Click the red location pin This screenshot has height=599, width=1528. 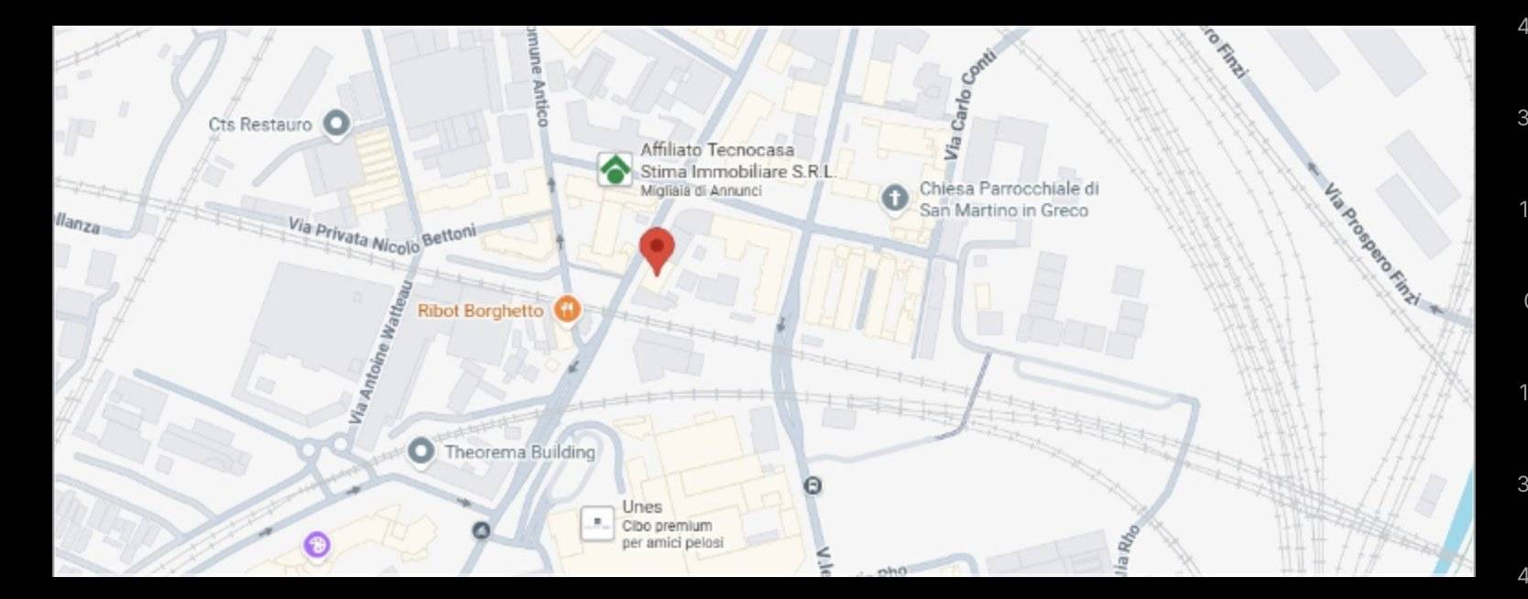(656, 249)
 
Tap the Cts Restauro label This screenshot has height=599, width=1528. (260, 125)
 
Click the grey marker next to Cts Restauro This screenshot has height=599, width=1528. (337, 124)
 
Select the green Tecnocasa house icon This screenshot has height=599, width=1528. (615, 169)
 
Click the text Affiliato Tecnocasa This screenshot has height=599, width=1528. (716, 149)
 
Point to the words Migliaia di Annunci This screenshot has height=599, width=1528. (700, 191)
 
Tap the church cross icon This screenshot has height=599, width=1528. (894, 199)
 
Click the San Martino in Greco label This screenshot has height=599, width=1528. (1003, 211)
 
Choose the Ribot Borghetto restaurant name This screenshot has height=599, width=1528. (480, 311)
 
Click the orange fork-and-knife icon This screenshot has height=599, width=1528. (568, 310)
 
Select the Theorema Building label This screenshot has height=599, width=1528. (519, 452)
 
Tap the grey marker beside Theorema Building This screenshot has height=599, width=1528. (420, 451)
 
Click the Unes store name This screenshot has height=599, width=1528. (641, 506)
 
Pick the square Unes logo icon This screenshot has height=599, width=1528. (597, 524)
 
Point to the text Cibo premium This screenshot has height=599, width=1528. (666, 526)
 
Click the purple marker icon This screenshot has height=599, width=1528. (317, 545)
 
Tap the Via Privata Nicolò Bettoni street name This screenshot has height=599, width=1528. (382, 235)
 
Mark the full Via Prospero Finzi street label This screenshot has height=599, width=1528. (1371, 244)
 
